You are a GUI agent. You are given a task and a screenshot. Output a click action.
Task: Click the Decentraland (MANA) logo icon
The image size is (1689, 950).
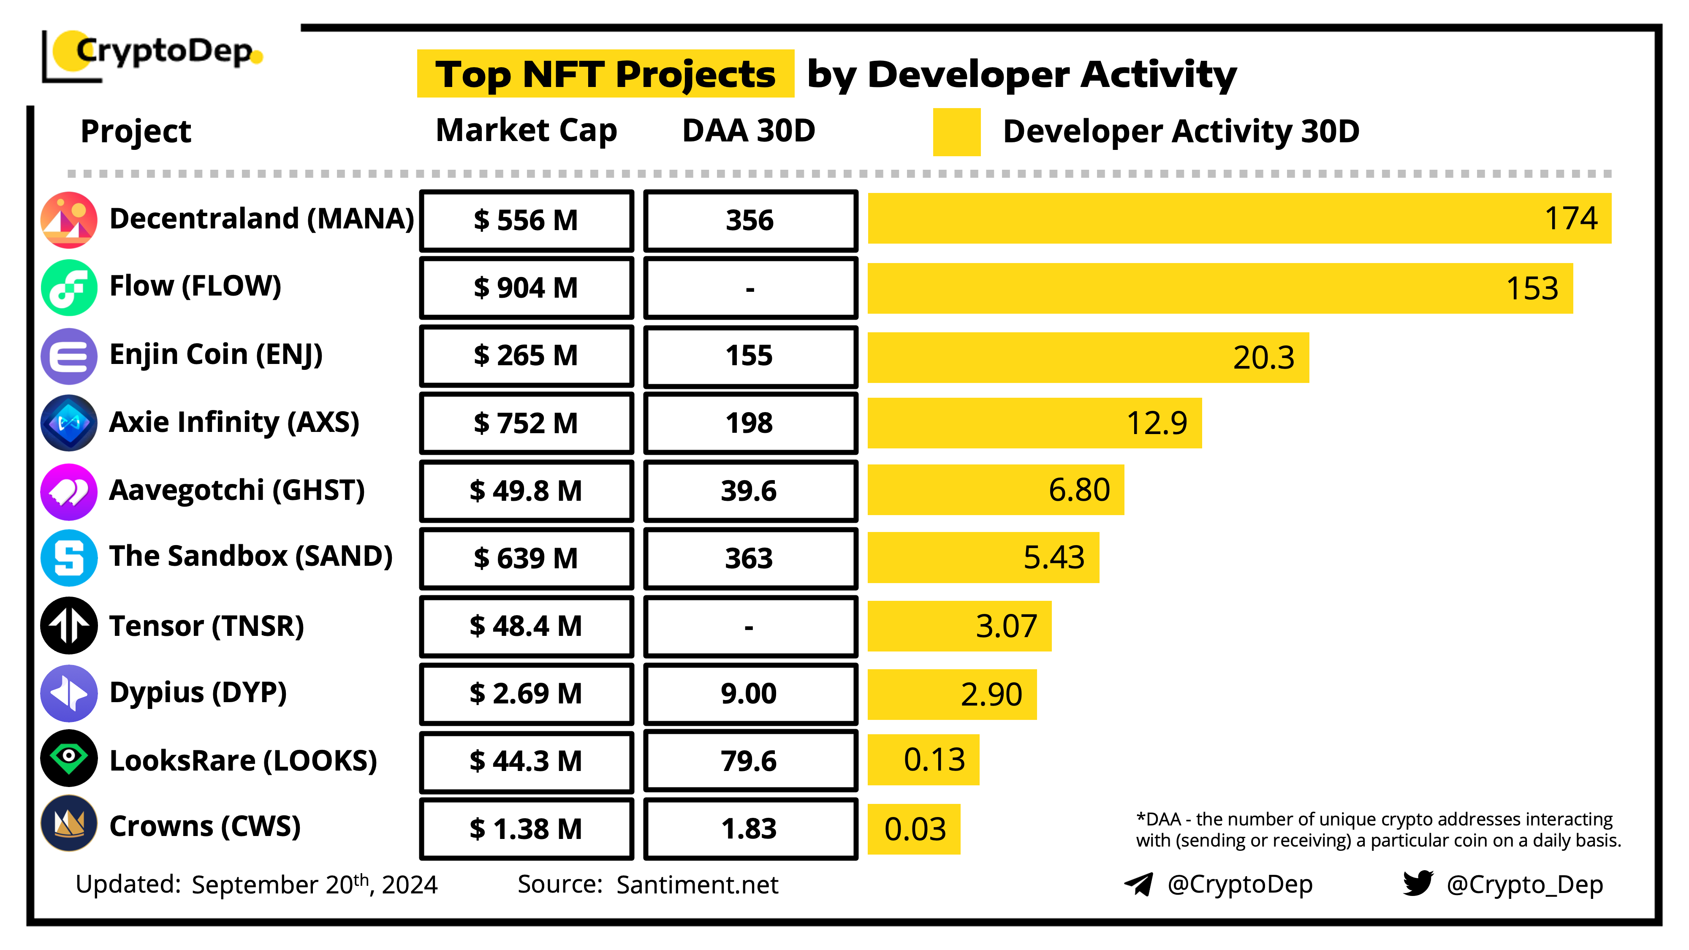click(69, 220)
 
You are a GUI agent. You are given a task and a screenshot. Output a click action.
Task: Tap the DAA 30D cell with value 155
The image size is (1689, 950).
click(750, 356)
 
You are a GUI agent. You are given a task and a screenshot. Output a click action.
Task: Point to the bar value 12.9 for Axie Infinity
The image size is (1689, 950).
click(1157, 423)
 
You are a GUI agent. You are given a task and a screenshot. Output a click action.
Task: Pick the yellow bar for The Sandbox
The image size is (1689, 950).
click(982, 558)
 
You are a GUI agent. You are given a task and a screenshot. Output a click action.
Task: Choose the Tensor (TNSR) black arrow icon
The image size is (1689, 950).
click(69, 625)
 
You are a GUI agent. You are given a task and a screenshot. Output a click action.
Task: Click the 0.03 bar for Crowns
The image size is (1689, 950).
click(914, 829)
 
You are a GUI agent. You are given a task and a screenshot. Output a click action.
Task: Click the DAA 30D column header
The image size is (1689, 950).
click(749, 130)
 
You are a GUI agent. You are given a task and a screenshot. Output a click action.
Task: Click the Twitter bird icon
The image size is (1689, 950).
click(1417, 883)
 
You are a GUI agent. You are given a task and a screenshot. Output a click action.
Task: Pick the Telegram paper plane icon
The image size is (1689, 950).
click(1138, 884)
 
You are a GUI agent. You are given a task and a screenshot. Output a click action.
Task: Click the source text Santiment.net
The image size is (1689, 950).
click(697, 885)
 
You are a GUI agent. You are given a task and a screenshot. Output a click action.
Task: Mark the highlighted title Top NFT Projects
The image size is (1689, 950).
click(605, 74)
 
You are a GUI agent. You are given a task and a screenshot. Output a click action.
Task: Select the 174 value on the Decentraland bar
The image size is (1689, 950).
click(1570, 218)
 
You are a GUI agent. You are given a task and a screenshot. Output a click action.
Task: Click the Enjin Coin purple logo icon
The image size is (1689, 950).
click(69, 356)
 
